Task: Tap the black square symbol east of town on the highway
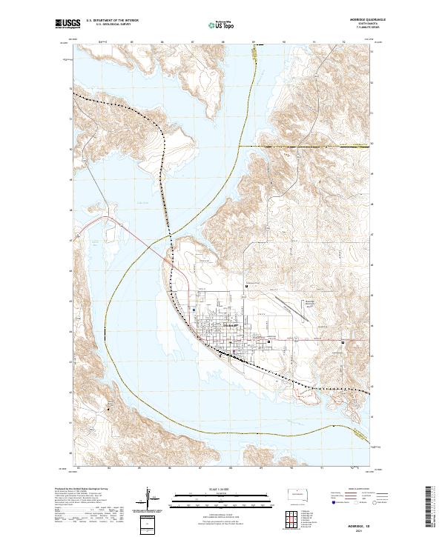point(342,343)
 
